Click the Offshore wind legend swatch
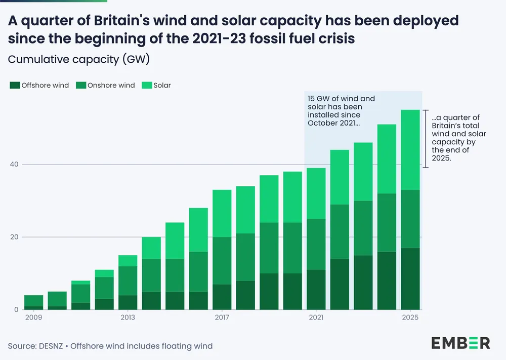[14, 86]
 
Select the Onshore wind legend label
[111, 86]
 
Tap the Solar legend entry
[162, 86]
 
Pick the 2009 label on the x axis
[33, 317]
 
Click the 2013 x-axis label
[128, 317]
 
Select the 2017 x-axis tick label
[222, 317]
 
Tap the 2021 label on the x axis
[316, 317]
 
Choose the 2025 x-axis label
[410, 317]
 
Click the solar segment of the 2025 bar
[410, 150]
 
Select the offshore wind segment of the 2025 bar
[410, 278]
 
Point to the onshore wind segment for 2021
[316, 244]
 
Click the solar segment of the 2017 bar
[222, 213]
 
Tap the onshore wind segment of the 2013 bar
[128, 281]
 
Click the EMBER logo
[460, 343]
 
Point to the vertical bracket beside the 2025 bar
[426, 139]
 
